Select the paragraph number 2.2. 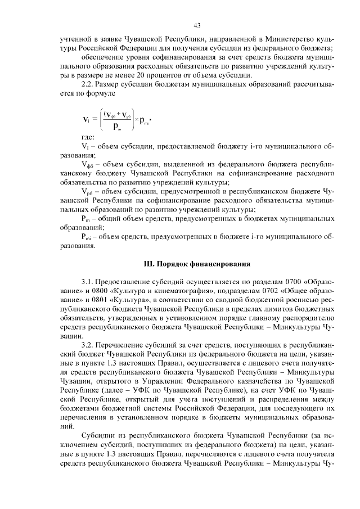tap(89, 84)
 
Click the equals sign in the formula tap(93, 120)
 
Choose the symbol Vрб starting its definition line tap(87, 192)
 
